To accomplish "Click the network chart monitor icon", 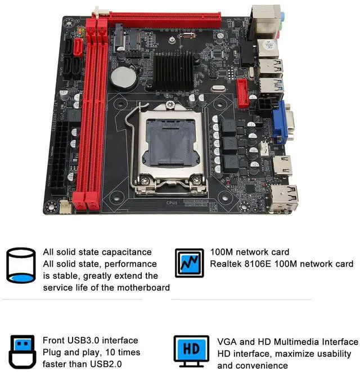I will pyautogui.click(x=188, y=263).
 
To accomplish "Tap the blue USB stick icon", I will pyautogui.click(x=22, y=350).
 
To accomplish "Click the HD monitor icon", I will pyautogui.click(x=191, y=349).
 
